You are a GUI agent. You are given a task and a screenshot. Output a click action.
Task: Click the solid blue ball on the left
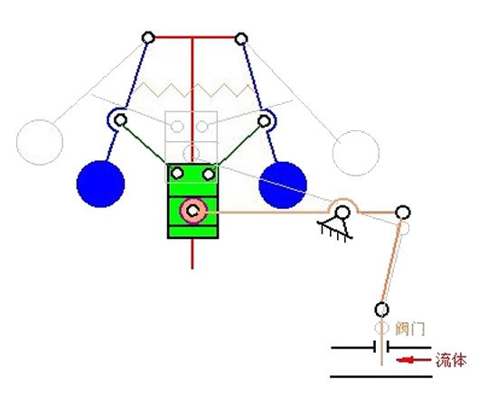(100, 184)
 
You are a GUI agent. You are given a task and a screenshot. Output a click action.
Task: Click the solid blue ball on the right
(283, 185)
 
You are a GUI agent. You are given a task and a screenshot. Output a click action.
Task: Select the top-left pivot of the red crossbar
(148, 38)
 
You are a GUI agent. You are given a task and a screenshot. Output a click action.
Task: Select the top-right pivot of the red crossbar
(241, 39)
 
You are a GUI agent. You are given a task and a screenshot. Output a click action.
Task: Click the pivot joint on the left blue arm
(121, 120)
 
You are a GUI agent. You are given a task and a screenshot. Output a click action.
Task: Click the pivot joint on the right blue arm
(264, 121)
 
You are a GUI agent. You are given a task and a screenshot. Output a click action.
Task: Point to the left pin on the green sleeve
(177, 174)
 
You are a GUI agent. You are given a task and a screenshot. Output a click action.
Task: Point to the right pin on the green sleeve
(209, 175)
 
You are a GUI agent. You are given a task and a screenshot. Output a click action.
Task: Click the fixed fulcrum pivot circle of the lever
(342, 212)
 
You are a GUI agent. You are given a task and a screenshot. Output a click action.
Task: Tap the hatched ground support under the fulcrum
(334, 231)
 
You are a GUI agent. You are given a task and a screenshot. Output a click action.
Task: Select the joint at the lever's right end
(403, 212)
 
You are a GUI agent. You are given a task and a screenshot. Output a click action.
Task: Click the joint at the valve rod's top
(381, 309)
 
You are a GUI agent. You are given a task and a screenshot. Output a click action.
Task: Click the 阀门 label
(410, 329)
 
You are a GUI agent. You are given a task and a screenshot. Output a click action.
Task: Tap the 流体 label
(451, 360)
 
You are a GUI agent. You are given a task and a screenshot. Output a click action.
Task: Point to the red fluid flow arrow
(413, 360)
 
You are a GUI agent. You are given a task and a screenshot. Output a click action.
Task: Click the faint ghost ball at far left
(40, 142)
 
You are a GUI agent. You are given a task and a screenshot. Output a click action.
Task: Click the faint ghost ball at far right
(356, 153)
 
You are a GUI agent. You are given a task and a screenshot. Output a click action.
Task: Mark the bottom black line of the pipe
(381, 376)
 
